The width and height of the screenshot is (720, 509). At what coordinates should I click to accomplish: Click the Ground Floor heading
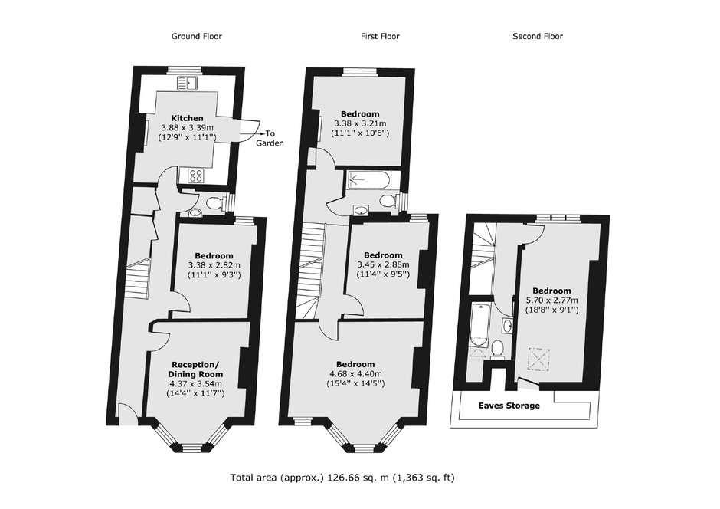(197, 36)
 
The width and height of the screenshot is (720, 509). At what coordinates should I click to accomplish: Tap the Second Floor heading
(537, 36)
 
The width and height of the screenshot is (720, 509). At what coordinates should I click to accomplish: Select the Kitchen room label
(188, 118)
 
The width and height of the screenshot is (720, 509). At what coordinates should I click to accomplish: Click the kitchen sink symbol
(188, 84)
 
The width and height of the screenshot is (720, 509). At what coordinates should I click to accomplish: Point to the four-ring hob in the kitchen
(197, 176)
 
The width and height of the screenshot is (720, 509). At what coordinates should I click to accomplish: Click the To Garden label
(270, 138)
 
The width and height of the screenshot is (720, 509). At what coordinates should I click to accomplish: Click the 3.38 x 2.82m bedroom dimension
(214, 265)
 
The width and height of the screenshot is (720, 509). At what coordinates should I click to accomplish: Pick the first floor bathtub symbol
(368, 180)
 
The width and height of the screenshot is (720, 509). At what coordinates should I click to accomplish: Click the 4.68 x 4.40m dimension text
(355, 373)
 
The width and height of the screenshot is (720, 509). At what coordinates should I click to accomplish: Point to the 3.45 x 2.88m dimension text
(383, 264)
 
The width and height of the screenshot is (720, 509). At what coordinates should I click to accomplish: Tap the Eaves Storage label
(509, 406)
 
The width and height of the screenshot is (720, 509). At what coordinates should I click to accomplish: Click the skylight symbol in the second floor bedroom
(538, 359)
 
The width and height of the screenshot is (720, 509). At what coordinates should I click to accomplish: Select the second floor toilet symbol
(496, 349)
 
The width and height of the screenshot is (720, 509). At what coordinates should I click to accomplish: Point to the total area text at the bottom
(342, 478)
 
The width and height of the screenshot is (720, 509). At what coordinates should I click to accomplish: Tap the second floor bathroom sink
(507, 326)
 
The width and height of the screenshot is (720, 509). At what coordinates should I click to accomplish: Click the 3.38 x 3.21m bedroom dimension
(360, 123)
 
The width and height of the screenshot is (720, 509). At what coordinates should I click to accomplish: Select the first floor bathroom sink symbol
(361, 210)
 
